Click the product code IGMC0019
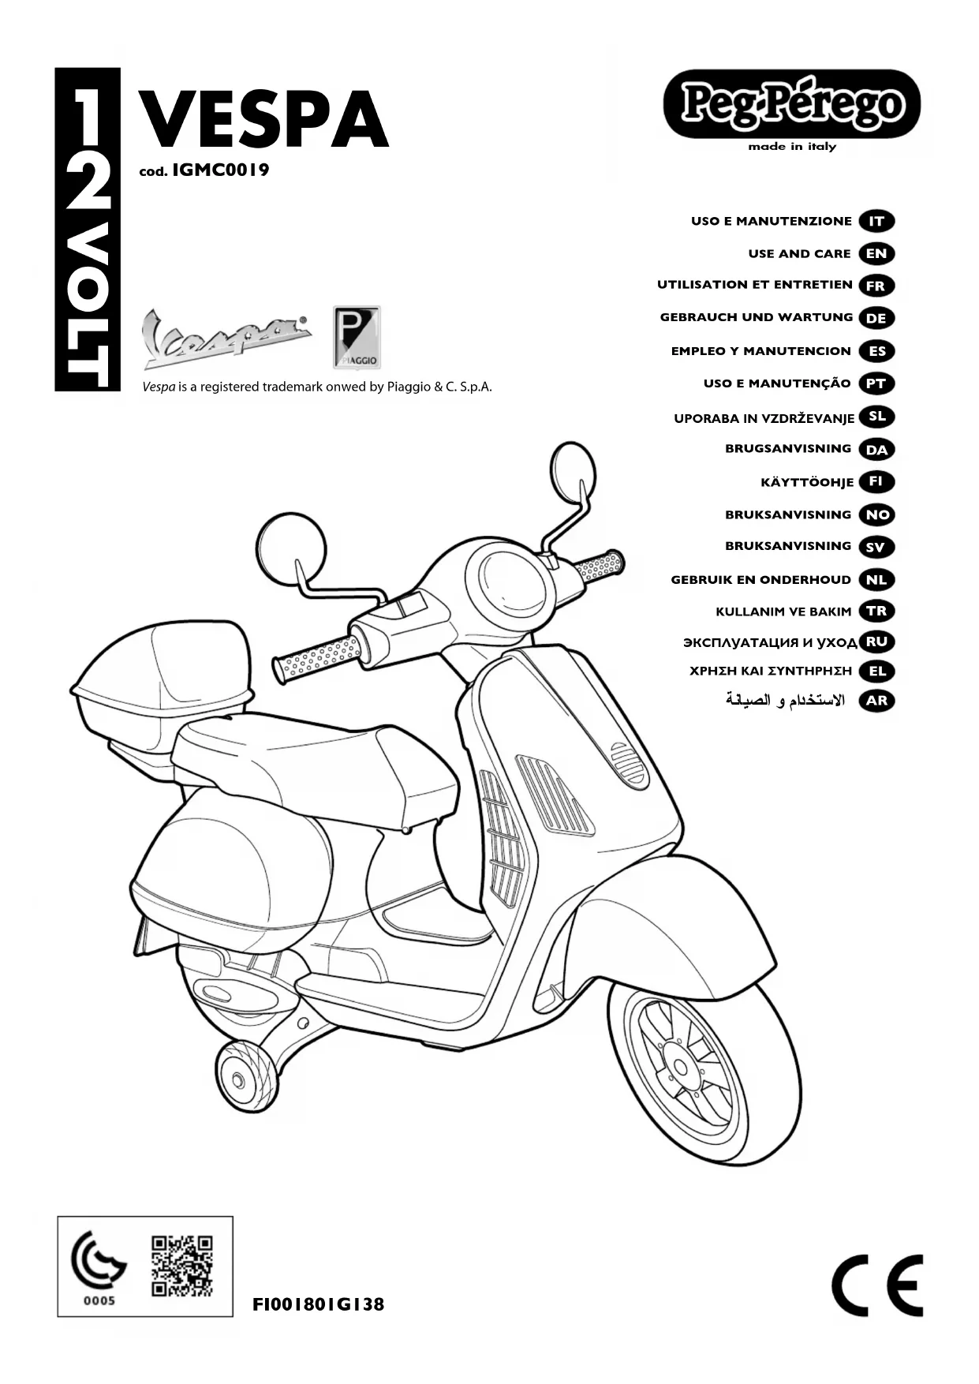point(220,170)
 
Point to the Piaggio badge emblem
point(357,337)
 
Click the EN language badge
point(876,253)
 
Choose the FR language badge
point(876,286)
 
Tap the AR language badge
point(876,700)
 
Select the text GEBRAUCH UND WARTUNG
point(756,317)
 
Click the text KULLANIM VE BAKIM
point(783,612)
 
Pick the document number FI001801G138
point(318,1304)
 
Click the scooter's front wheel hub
point(680,1068)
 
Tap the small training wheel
point(237,1077)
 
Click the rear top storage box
point(162,683)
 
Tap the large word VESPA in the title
point(263,120)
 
